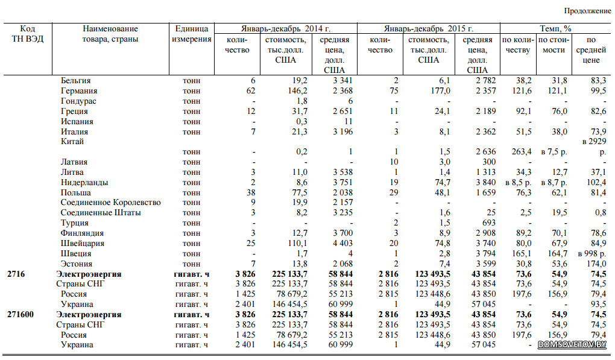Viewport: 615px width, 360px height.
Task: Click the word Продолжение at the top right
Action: point(587,11)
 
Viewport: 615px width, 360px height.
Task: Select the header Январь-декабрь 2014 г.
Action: point(286,28)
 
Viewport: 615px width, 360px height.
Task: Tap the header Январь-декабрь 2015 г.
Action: point(428,28)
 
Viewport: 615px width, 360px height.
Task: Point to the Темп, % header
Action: point(555,28)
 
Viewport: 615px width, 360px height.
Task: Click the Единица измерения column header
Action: point(191,34)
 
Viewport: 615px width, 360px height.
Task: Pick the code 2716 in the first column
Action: point(16,274)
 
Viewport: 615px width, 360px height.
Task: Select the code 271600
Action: point(20,315)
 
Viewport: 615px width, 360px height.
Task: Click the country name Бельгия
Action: point(76,80)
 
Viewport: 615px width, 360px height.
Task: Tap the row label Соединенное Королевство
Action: point(110,203)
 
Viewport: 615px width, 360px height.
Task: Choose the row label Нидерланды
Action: point(84,182)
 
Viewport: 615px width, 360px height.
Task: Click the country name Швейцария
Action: point(83,243)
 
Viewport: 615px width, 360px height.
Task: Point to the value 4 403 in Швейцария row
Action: point(343,243)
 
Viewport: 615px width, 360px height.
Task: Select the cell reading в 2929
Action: point(594,141)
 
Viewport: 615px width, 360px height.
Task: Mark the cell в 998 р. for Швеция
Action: point(592,253)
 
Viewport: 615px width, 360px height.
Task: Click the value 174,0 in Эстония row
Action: point(596,264)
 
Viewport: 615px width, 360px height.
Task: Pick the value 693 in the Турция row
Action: point(489,223)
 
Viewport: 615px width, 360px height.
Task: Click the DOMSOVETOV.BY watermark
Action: point(572,344)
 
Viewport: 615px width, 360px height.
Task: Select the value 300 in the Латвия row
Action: point(489,162)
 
